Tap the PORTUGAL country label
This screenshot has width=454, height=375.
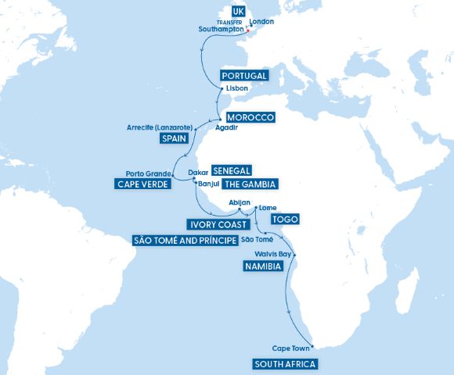point(245,76)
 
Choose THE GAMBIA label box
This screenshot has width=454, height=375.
point(250,184)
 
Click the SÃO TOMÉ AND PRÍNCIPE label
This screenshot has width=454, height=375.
point(184,240)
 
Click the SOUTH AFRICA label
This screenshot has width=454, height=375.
point(286,364)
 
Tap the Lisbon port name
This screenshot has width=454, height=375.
point(236,89)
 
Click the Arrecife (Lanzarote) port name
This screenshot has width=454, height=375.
point(159,127)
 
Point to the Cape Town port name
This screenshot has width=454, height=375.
point(290,348)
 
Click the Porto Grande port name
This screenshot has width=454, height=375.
point(148,173)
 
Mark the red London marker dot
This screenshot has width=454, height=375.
point(247,31)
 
